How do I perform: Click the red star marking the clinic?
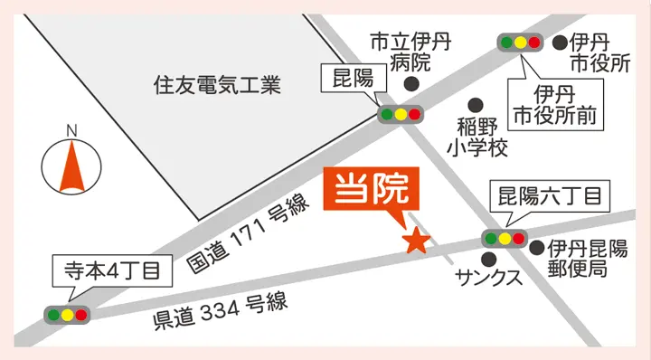416,240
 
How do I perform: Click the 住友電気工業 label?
217,87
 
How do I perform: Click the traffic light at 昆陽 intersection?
401,114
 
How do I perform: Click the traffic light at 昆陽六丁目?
504,239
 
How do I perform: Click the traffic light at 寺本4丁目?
68,315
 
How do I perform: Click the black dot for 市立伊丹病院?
412,85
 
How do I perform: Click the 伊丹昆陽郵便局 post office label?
587,258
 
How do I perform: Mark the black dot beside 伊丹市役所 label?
559,42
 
